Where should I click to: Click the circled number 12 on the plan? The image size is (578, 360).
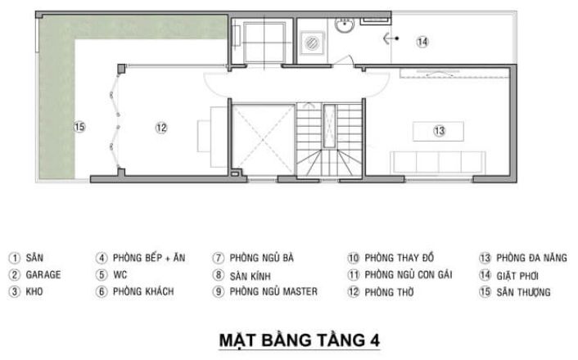(161, 128)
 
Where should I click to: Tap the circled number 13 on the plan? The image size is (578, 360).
(439, 131)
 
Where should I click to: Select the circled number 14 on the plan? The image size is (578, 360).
(422, 42)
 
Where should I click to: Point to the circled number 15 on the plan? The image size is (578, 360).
(79, 127)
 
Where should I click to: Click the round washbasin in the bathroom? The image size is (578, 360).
(345, 25)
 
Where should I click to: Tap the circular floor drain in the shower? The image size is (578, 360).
(312, 43)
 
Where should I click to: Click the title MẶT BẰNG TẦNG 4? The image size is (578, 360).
(300, 340)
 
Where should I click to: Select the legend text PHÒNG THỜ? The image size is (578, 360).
(389, 292)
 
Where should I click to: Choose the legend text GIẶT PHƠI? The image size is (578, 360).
(517, 276)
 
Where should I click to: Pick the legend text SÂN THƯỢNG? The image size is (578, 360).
(523, 292)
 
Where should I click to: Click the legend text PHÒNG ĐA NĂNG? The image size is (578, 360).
(531, 258)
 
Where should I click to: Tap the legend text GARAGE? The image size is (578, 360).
(43, 275)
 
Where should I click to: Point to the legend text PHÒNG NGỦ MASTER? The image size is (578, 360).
(273, 292)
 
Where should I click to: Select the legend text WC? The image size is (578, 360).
(120, 275)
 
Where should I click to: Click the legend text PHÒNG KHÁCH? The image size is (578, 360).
(143, 291)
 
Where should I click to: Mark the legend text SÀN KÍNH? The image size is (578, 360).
(251, 276)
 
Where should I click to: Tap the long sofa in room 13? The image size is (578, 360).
(438, 162)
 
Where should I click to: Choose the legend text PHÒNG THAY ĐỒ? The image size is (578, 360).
(400, 258)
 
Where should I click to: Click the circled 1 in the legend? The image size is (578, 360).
(15, 258)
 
